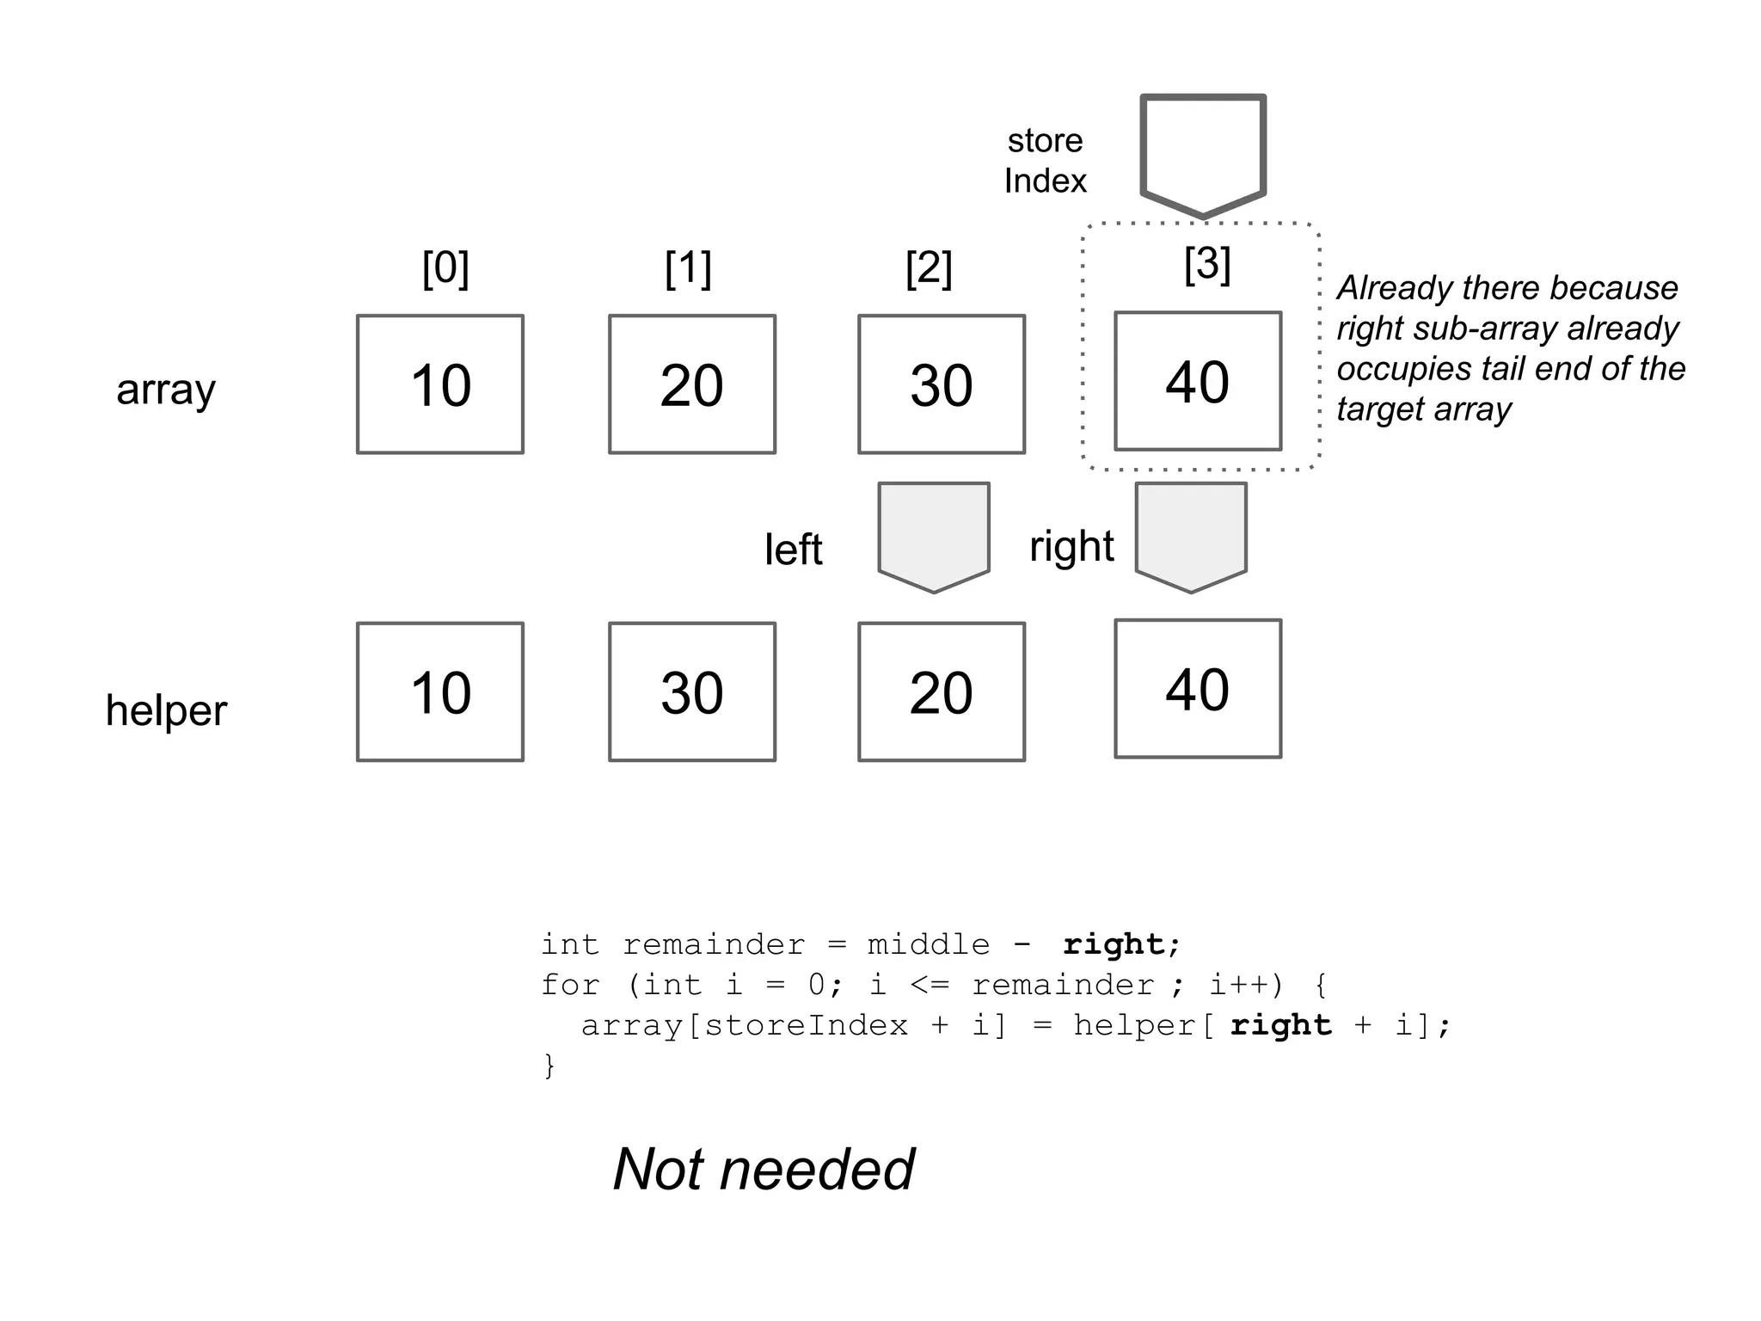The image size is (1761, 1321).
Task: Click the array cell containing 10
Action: (x=440, y=384)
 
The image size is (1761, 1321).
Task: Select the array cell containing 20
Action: (x=692, y=384)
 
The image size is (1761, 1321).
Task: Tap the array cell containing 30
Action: (x=942, y=384)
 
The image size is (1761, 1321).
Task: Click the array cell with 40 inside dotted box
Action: (x=1198, y=381)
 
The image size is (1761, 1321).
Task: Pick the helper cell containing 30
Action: (x=692, y=692)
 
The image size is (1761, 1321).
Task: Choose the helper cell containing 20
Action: (x=942, y=692)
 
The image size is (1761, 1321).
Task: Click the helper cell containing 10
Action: (x=440, y=692)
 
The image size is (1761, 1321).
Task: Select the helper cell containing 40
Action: (x=1198, y=689)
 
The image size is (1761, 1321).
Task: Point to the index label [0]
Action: (x=445, y=268)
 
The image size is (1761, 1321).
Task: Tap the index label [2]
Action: (x=929, y=268)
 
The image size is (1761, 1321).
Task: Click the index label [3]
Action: (x=1207, y=263)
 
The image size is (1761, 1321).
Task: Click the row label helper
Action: (x=166, y=710)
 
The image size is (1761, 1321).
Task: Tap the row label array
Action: (x=166, y=390)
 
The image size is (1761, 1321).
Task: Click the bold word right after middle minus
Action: (x=1114, y=944)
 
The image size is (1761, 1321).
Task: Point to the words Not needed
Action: (x=764, y=1169)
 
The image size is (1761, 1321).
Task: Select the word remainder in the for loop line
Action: (x=1063, y=985)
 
